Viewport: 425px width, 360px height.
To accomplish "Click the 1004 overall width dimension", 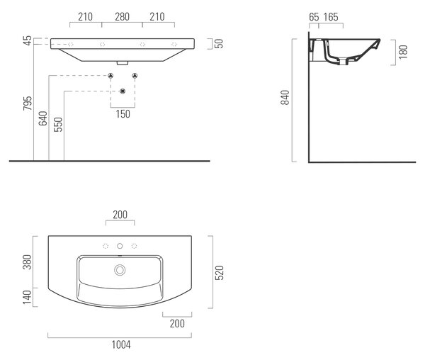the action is click(121, 345).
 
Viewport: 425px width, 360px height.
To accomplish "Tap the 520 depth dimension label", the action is click(220, 273).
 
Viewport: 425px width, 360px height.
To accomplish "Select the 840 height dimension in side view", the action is click(285, 97).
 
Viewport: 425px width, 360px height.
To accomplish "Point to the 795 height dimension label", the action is click(28, 103).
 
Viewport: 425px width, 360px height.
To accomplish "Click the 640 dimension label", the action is click(42, 118).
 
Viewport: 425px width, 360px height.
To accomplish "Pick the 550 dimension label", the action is click(58, 125).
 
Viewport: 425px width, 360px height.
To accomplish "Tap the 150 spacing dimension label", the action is click(123, 114).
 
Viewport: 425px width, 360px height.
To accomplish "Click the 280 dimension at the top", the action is click(122, 17).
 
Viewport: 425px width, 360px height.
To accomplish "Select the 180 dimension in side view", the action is click(403, 52).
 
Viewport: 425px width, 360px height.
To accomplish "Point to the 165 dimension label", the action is click(331, 17).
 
